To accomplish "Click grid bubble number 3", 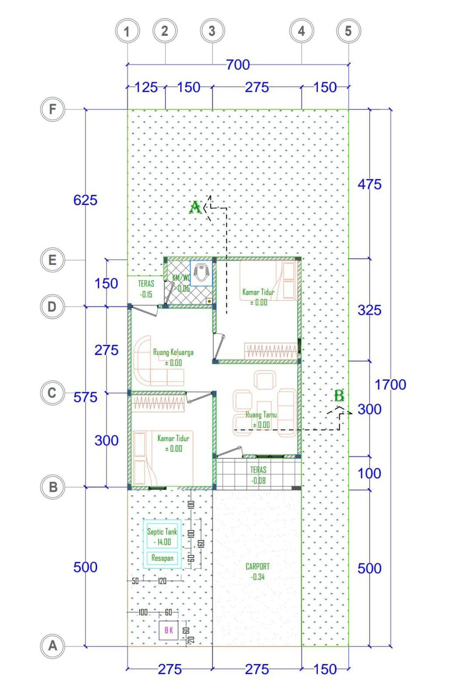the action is [x=212, y=31].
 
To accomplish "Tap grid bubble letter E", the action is [x=53, y=260].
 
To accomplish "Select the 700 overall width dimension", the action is [x=238, y=64].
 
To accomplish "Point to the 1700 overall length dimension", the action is [x=390, y=385].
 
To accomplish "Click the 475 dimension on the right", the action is [x=370, y=184].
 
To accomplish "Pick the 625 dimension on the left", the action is [x=85, y=200].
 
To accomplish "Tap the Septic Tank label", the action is [x=162, y=531].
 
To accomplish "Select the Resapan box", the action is [x=162, y=558].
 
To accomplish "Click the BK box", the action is [x=168, y=630].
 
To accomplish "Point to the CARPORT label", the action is [x=257, y=567].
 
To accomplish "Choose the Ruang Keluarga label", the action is [x=173, y=352].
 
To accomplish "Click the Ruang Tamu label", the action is [x=261, y=414].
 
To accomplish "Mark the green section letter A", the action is [x=195, y=207].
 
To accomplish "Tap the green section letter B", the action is [x=339, y=396].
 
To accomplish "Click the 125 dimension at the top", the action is [x=146, y=87].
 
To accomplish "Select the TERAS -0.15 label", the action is [x=146, y=289].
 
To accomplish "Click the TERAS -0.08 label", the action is [x=258, y=475].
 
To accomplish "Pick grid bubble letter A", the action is [x=53, y=646].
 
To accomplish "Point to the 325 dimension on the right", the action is [x=370, y=310].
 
